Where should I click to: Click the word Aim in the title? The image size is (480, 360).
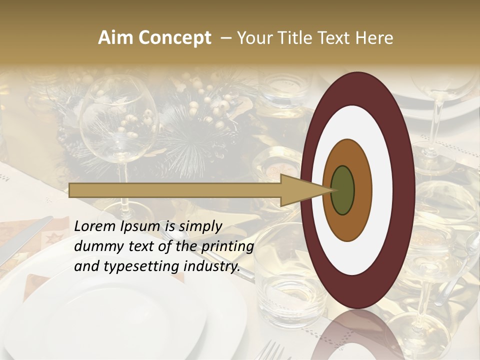coord(114,38)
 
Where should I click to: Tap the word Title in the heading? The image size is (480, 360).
coord(298,38)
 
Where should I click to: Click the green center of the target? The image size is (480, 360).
coord(342,190)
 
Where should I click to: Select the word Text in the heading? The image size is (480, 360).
coord(336,38)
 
